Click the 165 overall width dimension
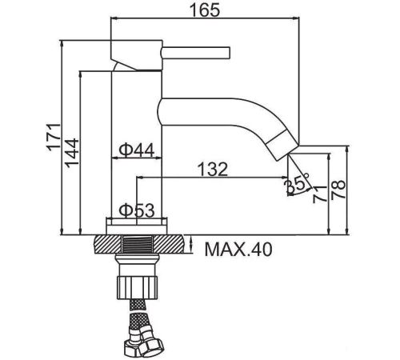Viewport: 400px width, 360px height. point(205,10)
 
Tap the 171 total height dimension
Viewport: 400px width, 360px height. point(54,137)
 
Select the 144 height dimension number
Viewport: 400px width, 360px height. point(72,153)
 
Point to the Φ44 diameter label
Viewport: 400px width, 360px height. point(136,150)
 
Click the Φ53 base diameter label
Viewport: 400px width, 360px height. point(137,210)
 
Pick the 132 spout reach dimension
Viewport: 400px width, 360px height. point(213,169)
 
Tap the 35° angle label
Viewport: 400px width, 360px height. point(297,183)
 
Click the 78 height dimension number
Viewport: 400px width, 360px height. point(338,190)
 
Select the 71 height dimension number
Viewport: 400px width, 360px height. point(319,194)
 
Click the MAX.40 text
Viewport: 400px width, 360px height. point(238,250)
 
